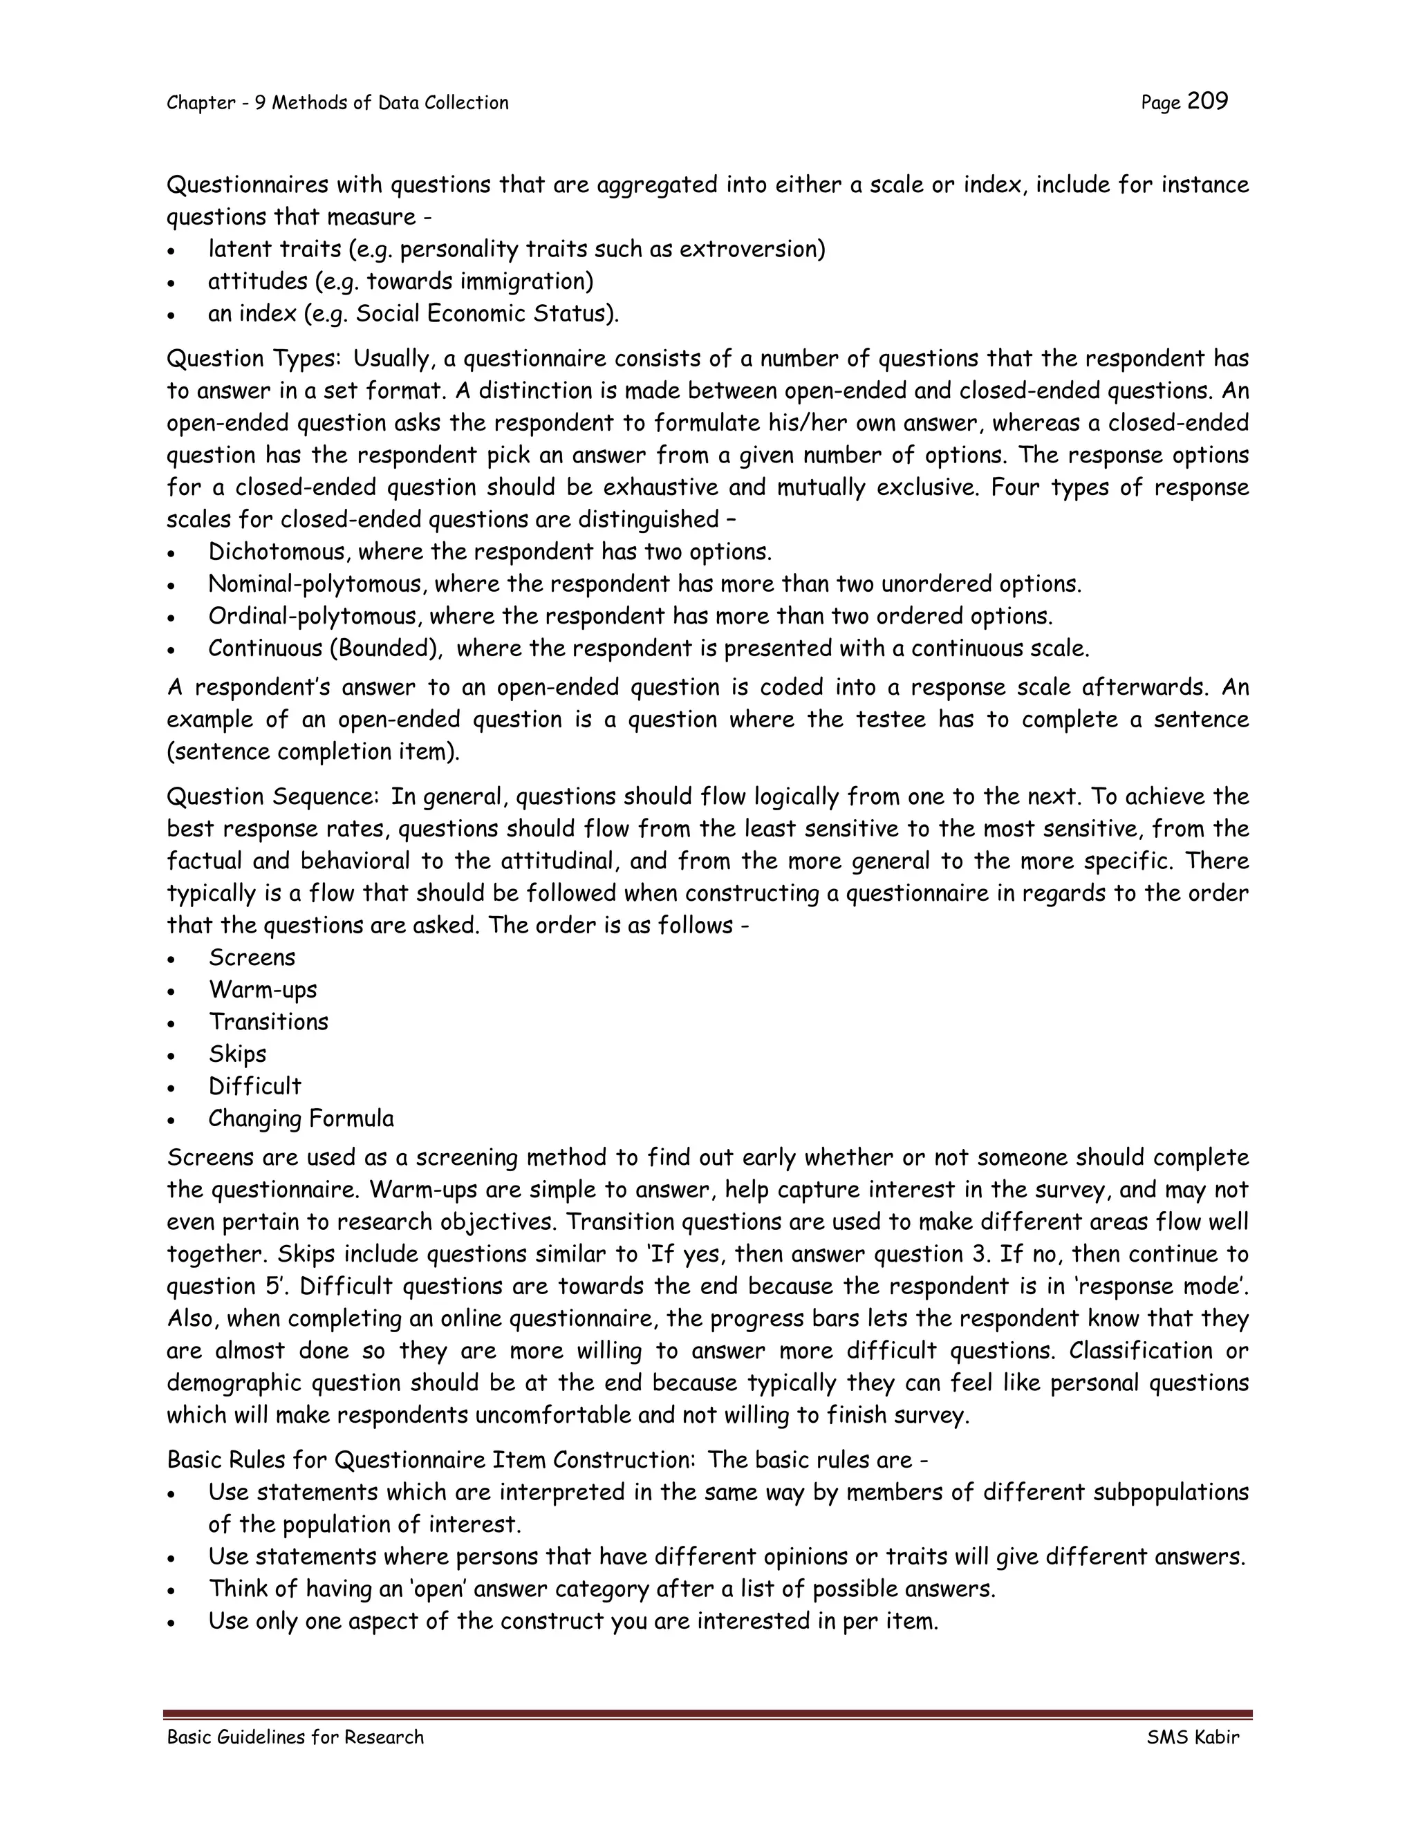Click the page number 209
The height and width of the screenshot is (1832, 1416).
tap(1207, 102)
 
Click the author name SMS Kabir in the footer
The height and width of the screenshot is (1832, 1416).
tap(1192, 1737)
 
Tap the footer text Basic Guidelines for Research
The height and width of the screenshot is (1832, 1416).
tap(295, 1737)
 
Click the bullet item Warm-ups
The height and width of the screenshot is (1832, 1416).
tap(263, 990)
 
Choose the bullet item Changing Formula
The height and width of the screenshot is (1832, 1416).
tap(300, 1119)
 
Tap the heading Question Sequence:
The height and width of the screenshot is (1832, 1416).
tap(274, 797)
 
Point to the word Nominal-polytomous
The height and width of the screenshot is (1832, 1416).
tap(315, 584)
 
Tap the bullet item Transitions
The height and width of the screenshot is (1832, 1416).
tap(268, 1022)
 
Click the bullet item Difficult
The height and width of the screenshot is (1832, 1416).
tap(254, 1086)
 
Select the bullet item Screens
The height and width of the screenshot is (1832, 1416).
tap(252, 958)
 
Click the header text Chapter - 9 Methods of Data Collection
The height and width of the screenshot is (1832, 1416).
tap(337, 103)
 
